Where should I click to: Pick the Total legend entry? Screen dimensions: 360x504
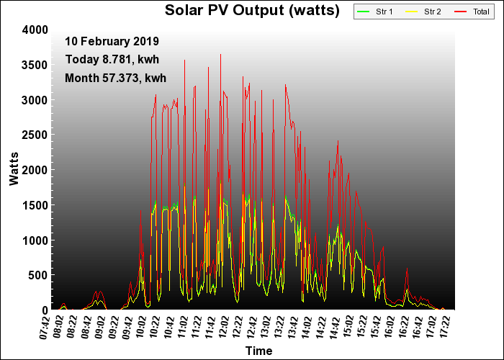[x=469, y=12]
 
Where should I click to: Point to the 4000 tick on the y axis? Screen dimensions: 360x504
[x=35, y=30]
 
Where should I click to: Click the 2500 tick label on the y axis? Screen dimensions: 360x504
[x=35, y=135]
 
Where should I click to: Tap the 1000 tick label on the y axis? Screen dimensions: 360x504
[x=35, y=240]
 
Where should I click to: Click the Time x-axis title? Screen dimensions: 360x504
[x=258, y=351]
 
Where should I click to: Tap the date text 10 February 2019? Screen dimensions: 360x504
[x=112, y=41]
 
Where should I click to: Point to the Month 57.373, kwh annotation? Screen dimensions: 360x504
[x=115, y=77]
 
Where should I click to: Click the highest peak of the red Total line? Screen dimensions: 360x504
[x=220, y=55]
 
